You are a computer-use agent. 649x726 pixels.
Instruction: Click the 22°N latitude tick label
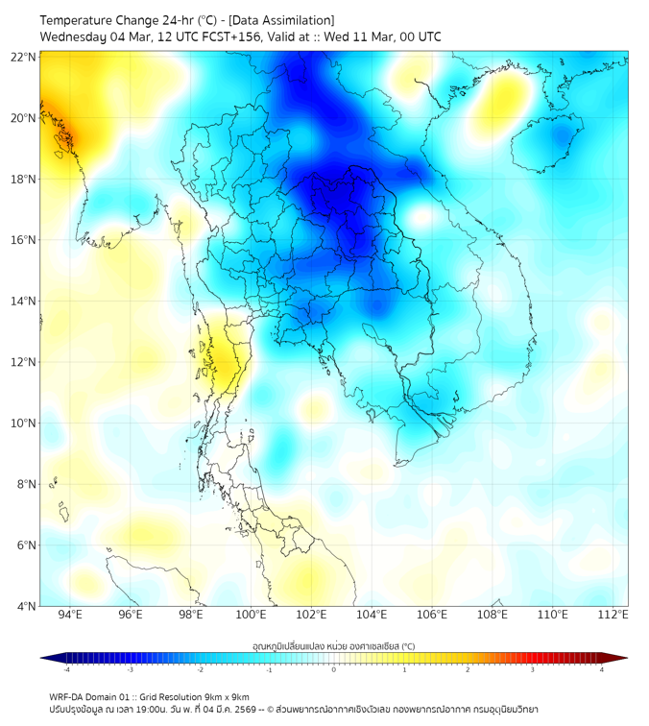[x=24, y=57]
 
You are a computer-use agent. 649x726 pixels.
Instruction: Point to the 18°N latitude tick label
[x=24, y=179]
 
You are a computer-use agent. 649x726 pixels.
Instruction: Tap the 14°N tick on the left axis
[x=24, y=301]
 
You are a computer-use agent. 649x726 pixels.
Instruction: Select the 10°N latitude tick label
[x=24, y=423]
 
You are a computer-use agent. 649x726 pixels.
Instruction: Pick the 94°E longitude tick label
[x=70, y=615]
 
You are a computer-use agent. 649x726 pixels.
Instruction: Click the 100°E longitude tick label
[x=252, y=615]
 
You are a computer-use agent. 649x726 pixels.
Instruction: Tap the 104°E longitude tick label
[x=372, y=615]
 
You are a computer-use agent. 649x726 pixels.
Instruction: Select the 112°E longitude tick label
[x=613, y=615]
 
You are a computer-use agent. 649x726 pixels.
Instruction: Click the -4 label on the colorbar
[x=66, y=669]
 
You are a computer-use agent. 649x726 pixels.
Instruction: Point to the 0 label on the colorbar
[x=334, y=669]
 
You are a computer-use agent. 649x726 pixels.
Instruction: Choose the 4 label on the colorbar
[x=602, y=669]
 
